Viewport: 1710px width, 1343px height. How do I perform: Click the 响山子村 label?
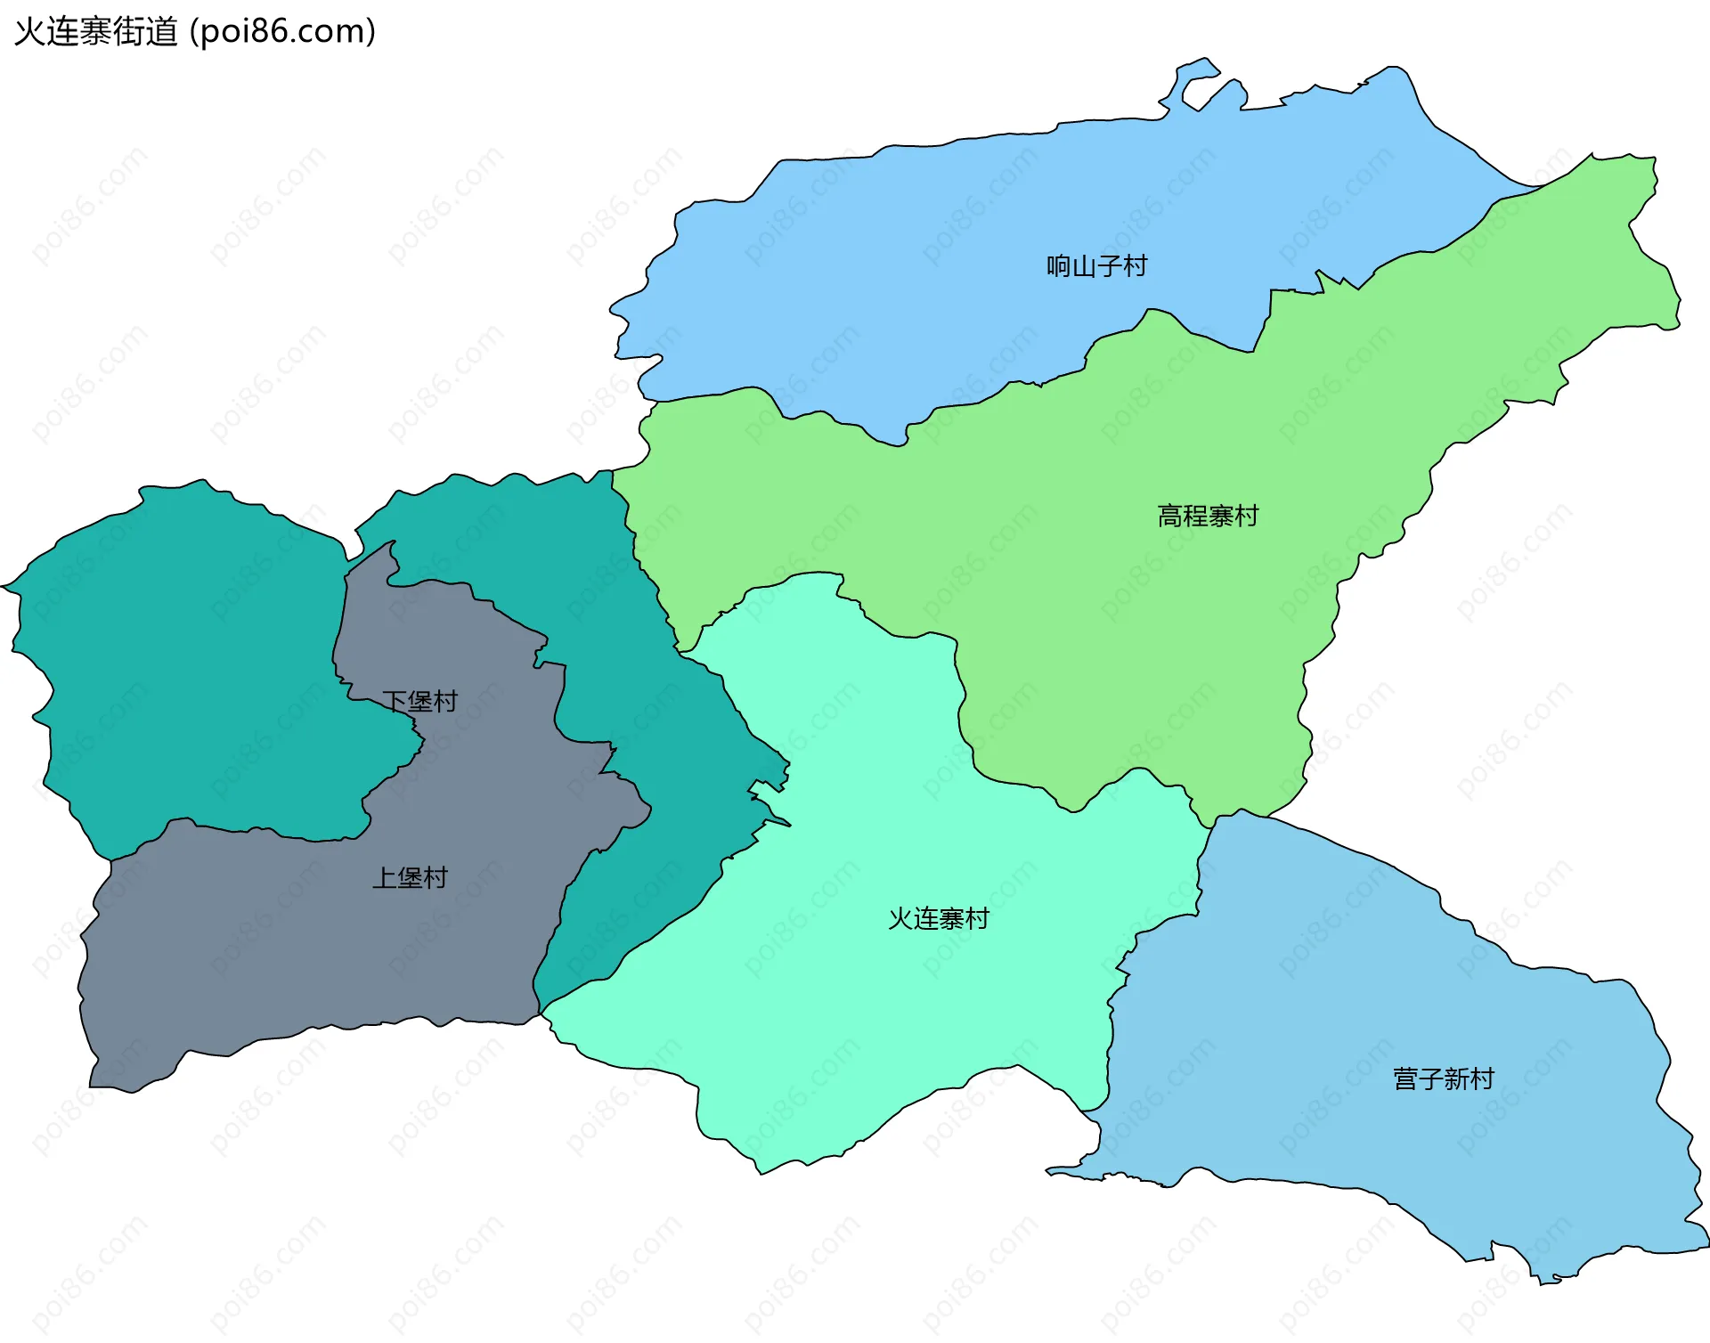(1096, 266)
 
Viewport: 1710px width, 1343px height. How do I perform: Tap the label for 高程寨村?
(1208, 516)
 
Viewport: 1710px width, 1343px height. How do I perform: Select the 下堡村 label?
(419, 702)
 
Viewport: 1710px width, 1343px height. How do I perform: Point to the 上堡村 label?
(410, 878)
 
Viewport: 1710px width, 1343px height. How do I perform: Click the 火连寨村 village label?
(939, 919)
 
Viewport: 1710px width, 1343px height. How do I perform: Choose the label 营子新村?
(1443, 1079)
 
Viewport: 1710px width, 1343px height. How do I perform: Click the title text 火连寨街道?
(96, 32)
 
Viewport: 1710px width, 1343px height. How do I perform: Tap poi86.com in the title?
(283, 32)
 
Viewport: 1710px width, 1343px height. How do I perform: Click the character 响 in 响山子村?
(1059, 266)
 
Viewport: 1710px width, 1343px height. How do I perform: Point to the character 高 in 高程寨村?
(1170, 516)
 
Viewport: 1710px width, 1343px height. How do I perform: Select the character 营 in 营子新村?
(1405, 1079)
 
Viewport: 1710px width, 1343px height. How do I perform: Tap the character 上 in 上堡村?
(385, 878)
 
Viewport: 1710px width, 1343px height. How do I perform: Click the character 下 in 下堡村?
(395, 702)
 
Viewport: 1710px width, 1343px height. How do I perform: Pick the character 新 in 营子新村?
(1456, 1079)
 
